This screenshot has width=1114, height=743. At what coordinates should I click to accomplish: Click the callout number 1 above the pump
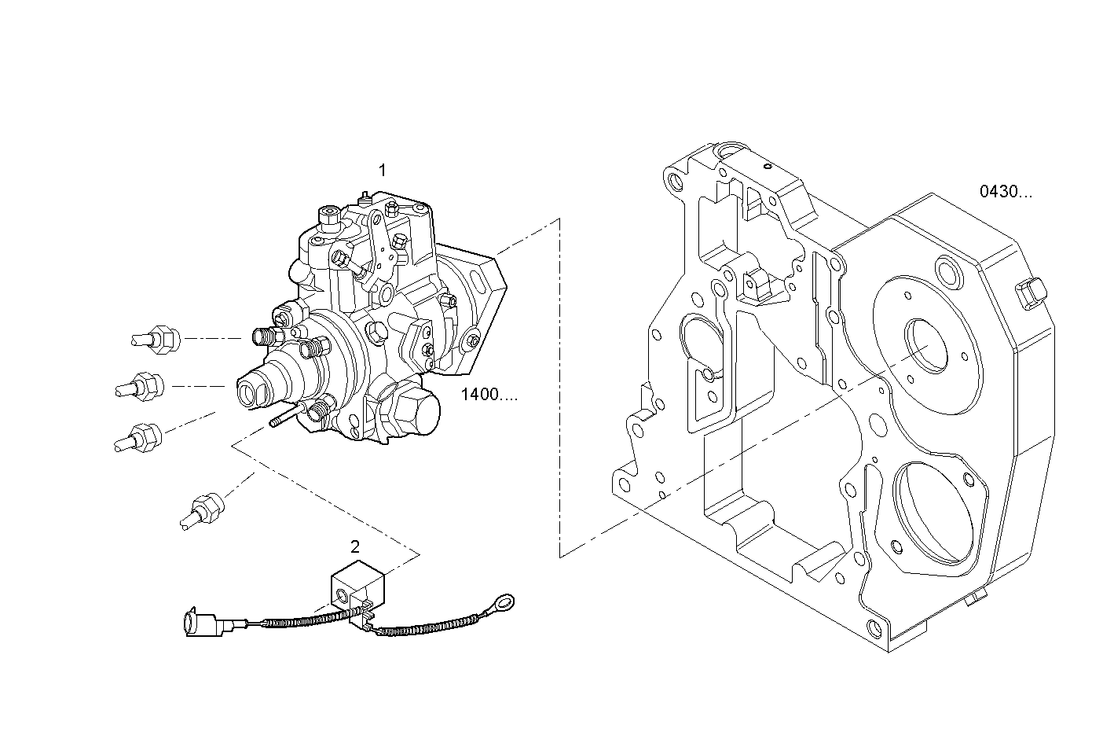383,170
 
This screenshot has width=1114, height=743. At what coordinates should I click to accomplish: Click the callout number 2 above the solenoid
355,546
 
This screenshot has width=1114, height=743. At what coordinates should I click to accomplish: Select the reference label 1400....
489,395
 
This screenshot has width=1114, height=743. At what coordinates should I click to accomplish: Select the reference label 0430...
1006,191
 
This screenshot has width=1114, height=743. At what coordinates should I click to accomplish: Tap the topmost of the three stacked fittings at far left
156,339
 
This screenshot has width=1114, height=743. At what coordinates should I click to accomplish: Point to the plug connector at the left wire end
200,624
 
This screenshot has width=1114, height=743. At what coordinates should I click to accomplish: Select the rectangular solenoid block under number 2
357,586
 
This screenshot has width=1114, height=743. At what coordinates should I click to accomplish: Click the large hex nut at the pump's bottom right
415,410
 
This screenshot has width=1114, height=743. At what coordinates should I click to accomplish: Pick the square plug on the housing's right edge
1029,292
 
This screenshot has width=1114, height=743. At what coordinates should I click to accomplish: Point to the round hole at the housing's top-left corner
676,182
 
